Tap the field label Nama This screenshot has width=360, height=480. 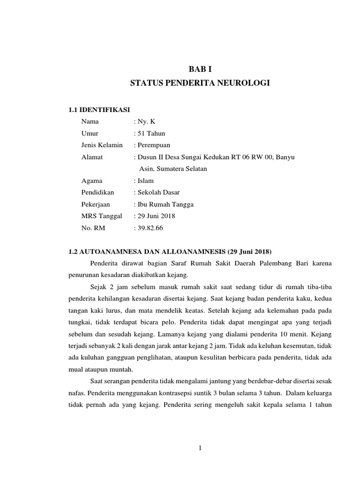point(90,121)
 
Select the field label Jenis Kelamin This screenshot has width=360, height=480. point(102,145)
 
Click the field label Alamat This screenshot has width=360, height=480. point(92,157)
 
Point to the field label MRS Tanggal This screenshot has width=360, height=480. point(102,216)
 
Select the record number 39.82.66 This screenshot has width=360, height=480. point(151,228)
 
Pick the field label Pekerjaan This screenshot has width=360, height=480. point(96,204)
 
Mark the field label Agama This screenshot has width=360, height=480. point(92,180)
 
